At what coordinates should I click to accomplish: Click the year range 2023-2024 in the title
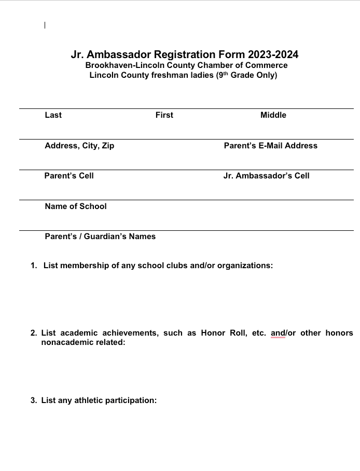click(x=273, y=54)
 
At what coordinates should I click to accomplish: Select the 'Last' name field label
click(x=53, y=115)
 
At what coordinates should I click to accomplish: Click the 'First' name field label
click(x=164, y=115)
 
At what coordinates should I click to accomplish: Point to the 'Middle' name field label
click(x=273, y=115)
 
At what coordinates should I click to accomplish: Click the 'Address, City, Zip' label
click(x=79, y=146)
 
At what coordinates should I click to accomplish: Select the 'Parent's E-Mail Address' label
click(x=270, y=146)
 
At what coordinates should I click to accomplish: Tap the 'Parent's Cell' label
click(x=69, y=176)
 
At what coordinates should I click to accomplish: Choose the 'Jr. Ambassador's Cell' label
click(x=266, y=176)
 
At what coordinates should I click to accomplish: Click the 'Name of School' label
click(x=76, y=206)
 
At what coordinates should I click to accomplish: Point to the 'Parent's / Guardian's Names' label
click(x=100, y=237)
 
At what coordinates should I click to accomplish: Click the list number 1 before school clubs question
click(x=33, y=266)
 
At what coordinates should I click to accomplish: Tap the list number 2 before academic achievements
click(x=33, y=333)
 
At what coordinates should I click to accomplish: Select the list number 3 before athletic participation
click(x=33, y=400)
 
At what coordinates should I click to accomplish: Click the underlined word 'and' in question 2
click(x=278, y=333)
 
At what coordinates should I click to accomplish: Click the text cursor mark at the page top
click(x=45, y=25)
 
